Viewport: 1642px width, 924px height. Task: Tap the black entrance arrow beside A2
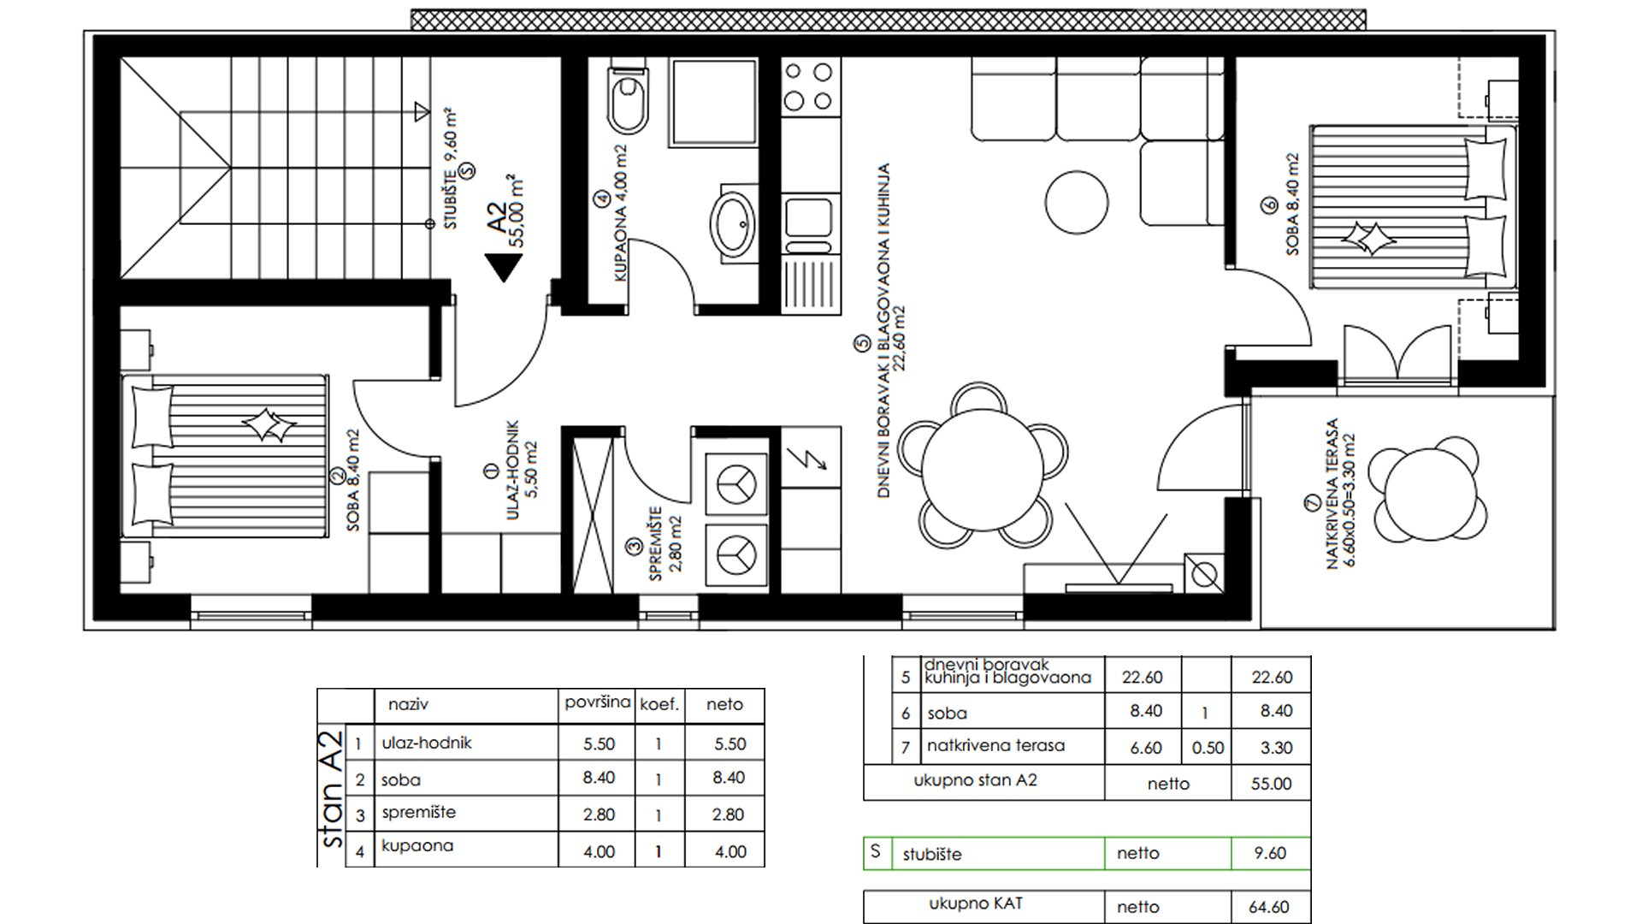pos(502,268)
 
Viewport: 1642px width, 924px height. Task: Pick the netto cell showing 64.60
pos(1270,907)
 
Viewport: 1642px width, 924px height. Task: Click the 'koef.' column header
pos(659,705)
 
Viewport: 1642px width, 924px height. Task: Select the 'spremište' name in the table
pos(419,813)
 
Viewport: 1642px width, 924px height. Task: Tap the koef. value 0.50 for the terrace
pos(1208,748)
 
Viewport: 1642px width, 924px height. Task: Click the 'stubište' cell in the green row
pos(932,854)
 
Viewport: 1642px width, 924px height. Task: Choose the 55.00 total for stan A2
pos(1271,784)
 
